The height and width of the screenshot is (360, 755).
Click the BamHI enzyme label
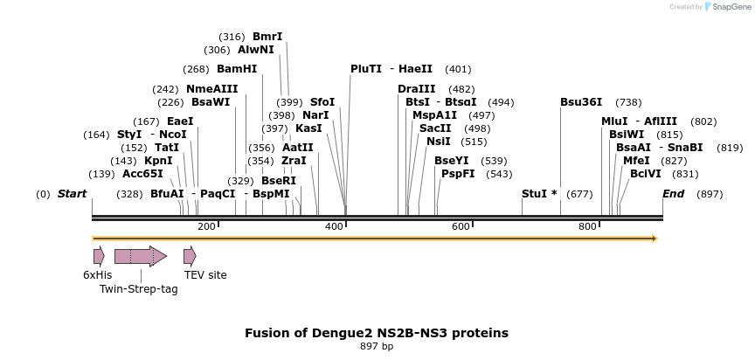point(237,69)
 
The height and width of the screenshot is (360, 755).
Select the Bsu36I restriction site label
point(581,101)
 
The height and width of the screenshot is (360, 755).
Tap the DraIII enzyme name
point(416,89)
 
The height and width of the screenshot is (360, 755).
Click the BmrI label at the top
point(267,37)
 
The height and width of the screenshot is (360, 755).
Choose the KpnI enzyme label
point(158,161)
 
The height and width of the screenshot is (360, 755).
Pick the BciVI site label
point(646,173)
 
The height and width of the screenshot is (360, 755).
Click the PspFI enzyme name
point(458,173)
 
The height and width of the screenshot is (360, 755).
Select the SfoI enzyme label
point(322,101)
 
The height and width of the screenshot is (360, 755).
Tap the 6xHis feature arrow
point(99,256)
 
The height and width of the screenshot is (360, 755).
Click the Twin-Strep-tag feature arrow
point(140,256)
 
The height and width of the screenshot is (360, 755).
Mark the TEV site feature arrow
point(190,256)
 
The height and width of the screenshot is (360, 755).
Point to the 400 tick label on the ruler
point(334,227)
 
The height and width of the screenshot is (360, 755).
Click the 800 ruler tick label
point(587,227)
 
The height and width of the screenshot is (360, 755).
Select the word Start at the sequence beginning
point(73,193)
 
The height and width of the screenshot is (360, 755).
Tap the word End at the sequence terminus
point(673,193)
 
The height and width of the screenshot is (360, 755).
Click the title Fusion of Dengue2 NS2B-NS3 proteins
point(377,333)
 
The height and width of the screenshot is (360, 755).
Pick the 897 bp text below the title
point(377,347)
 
